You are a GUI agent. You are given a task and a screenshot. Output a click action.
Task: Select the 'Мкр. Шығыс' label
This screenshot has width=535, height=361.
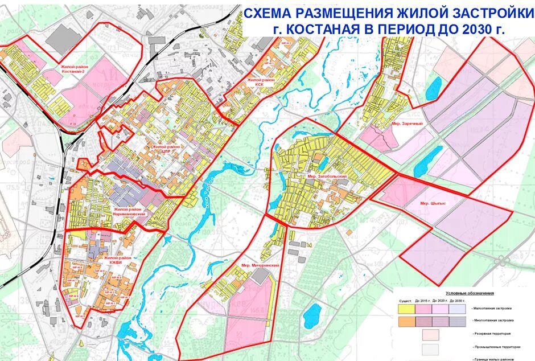[x=432, y=203]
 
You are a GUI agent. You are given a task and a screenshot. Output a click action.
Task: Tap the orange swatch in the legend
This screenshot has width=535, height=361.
[x=406, y=321]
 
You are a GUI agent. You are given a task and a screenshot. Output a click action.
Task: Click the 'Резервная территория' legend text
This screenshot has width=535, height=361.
[x=490, y=334]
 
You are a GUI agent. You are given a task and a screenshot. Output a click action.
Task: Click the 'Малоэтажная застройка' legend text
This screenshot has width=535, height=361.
[x=491, y=309]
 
